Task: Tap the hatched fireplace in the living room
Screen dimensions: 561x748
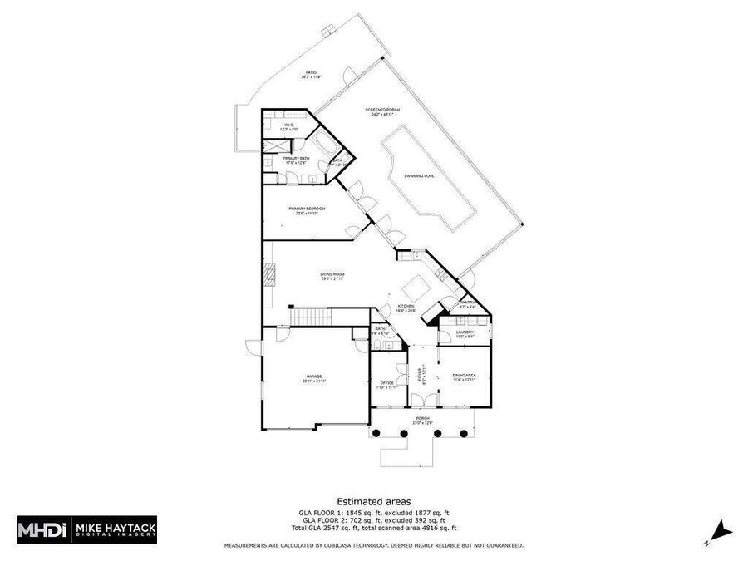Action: [268, 273]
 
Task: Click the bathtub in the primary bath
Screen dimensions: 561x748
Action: [324, 146]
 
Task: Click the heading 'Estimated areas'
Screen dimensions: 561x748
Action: [373, 501]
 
